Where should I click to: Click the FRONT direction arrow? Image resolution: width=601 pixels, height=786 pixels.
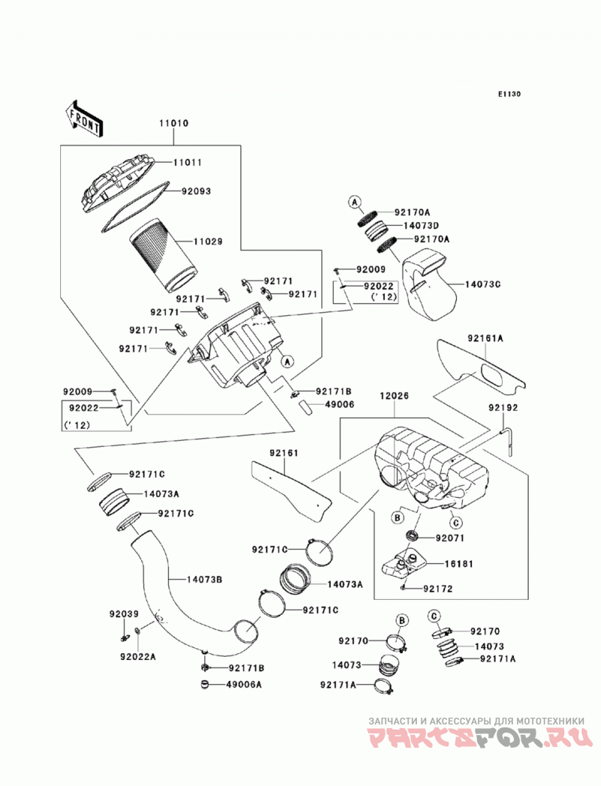84,118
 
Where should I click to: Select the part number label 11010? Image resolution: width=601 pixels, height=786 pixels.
174,123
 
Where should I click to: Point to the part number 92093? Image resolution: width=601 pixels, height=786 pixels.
196,191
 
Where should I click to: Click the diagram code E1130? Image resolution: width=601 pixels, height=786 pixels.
509,94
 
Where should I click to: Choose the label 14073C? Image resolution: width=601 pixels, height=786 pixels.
482,285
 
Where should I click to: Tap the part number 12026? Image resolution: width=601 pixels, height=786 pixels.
394,396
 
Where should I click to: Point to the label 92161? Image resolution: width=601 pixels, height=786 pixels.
284,453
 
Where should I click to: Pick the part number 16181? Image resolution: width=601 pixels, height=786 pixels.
458,564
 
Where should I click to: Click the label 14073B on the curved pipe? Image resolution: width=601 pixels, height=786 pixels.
204,580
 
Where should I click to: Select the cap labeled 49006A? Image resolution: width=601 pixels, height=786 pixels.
204,684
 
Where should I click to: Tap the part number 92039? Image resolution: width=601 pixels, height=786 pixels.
125,614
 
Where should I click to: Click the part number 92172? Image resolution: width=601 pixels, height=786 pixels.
438,589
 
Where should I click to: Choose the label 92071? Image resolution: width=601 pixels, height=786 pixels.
450,538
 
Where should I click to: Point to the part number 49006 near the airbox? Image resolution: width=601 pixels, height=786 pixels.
340,404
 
